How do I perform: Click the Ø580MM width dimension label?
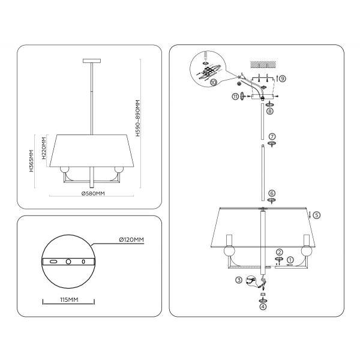pyautogui.click(x=92, y=193)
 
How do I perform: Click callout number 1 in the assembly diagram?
pyautogui.click(x=290, y=260)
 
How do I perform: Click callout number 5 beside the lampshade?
pyautogui.click(x=317, y=214)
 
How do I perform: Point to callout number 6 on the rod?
pyautogui.click(x=272, y=193)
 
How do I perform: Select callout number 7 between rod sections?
pyautogui.click(x=272, y=136)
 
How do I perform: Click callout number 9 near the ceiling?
pyautogui.click(x=283, y=79)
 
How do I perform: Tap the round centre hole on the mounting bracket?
pyautogui.click(x=68, y=262)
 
